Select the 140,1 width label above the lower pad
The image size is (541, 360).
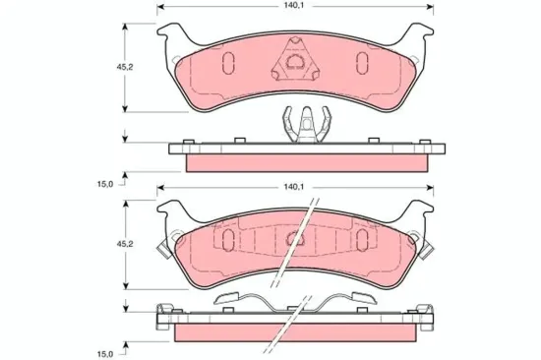tap(293, 187)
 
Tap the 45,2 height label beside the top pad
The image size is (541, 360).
tap(125, 67)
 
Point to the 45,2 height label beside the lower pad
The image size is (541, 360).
tap(125, 244)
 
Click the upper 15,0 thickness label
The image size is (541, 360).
tap(105, 184)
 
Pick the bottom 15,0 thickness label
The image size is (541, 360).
tap(105, 354)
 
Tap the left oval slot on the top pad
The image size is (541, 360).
tap(228, 63)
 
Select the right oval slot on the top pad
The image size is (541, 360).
tap(362, 63)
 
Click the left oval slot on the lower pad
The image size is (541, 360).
tap(228, 240)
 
